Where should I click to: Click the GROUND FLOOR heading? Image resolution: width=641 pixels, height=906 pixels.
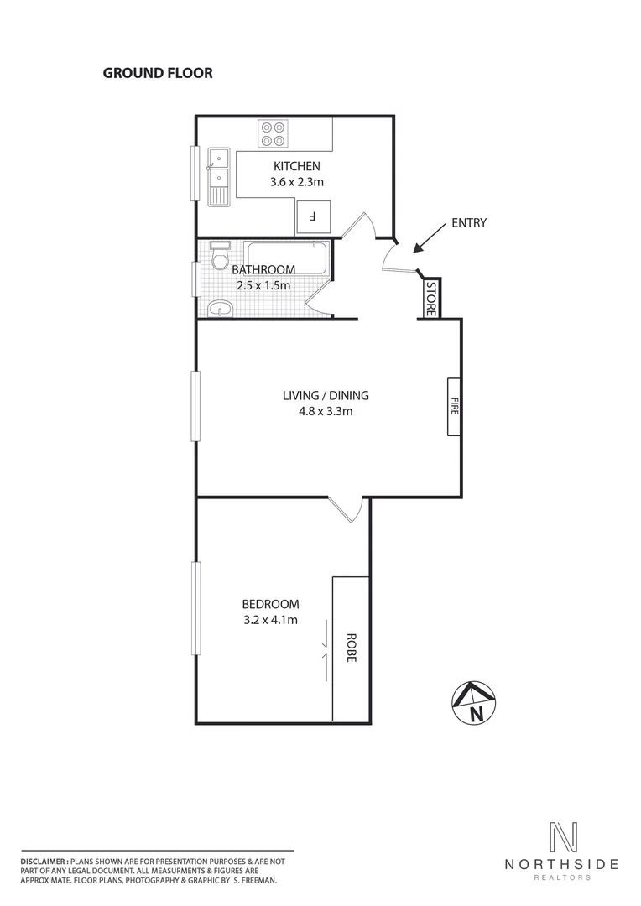(x=158, y=73)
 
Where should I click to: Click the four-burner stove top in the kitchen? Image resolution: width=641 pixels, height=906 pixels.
(x=273, y=133)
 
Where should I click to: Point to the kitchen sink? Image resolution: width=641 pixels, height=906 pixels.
(x=219, y=176)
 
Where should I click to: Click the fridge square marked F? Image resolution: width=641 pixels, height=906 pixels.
(x=313, y=217)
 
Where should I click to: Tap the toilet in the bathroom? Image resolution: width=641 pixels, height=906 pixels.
(x=221, y=257)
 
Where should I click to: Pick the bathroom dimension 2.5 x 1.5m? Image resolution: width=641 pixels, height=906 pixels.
(x=261, y=285)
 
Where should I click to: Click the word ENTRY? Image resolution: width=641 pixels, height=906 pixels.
(x=469, y=223)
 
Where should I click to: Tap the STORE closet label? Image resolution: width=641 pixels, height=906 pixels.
(x=430, y=299)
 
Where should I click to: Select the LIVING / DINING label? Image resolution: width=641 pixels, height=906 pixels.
(x=326, y=396)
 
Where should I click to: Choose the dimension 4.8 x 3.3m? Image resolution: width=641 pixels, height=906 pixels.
(x=326, y=412)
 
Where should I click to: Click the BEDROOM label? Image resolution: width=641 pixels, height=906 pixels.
(x=270, y=604)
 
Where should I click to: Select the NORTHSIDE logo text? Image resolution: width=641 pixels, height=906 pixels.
(x=561, y=864)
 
